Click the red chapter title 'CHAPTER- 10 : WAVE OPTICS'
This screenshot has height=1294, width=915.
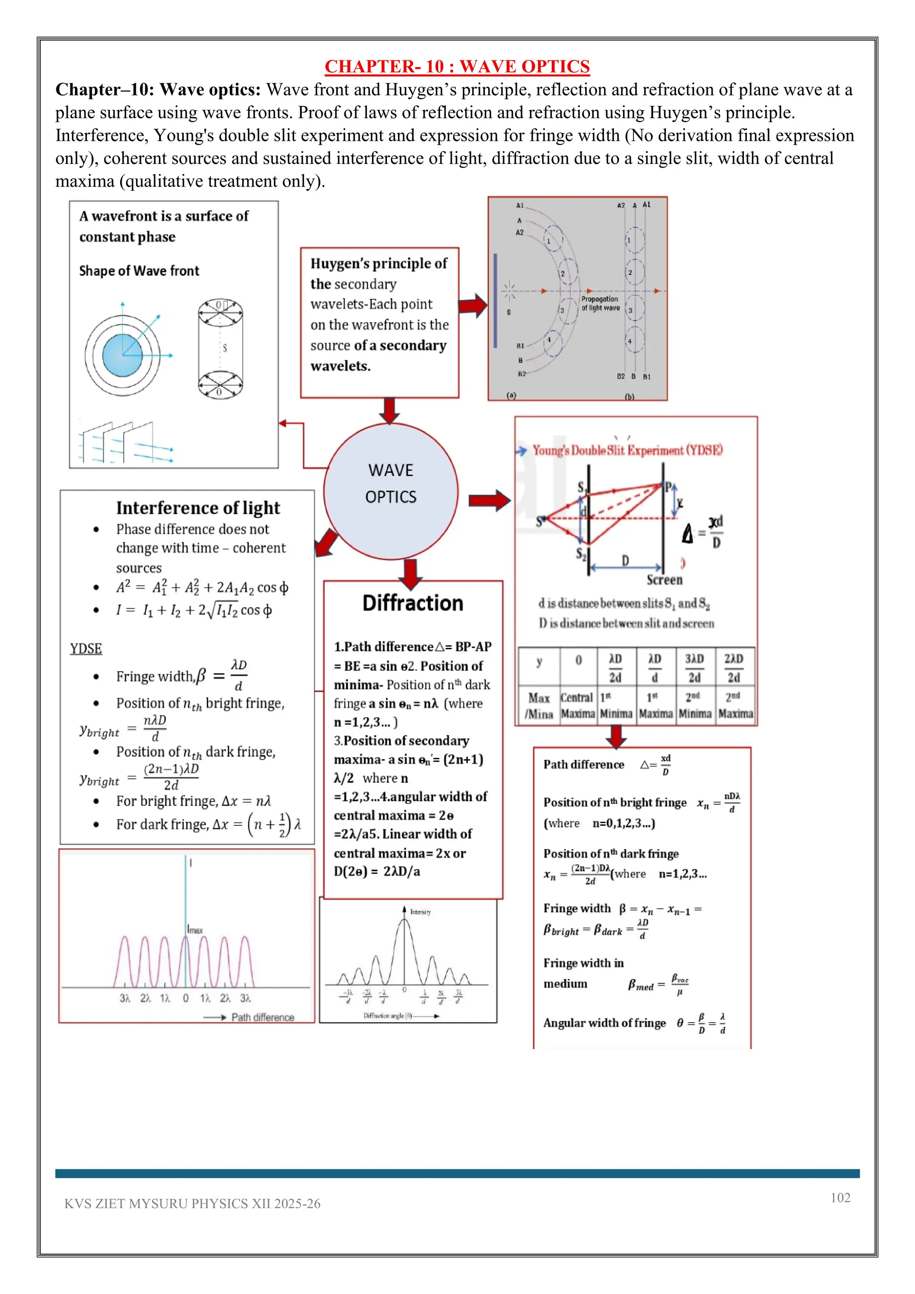(x=457, y=67)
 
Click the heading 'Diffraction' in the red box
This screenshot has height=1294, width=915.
(x=412, y=603)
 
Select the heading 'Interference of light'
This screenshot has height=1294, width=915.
(x=198, y=508)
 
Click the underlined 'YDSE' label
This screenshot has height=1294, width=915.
(x=86, y=649)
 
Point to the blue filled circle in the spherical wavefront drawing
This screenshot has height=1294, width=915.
(x=122, y=355)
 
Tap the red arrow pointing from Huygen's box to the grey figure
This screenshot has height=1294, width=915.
(x=472, y=306)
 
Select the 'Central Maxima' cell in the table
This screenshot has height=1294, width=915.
(x=578, y=706)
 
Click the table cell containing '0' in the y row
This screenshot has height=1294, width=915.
(x=578, y=660)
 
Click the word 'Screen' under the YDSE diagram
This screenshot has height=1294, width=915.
(x=664, y=580)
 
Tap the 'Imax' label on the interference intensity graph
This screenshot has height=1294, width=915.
(x=195, y=930)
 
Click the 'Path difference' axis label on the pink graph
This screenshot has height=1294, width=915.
(x=263, y=1017)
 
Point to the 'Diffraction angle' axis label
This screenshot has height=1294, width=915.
(x=388, y=1016)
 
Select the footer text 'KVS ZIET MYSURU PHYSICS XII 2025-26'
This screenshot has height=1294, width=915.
(x=192, y=1204)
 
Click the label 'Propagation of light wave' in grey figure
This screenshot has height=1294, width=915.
(x=600, y=304)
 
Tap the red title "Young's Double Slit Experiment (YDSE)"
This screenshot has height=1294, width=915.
(x=627, y=450)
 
